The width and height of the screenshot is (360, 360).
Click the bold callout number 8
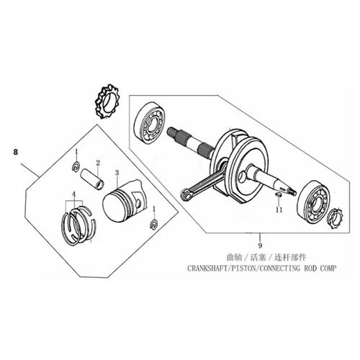[16, 152]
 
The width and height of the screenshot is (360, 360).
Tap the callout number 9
[260, 246]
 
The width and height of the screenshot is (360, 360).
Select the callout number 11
[279, 210]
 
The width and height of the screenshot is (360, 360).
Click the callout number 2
[98, 163]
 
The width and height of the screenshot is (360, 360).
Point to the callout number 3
[117, 173]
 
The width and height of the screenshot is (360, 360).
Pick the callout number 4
[73, 194]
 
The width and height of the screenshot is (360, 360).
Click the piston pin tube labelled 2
[93, 179]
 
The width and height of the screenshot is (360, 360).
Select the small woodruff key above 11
[279, 194]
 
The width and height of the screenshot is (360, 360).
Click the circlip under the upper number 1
[76, 167]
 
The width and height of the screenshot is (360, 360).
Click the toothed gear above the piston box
[108, 102]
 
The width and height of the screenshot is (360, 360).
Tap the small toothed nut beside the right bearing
[336, 219]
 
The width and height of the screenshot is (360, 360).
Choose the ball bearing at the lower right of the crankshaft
[313, 201]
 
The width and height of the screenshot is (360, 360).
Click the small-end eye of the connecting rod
[186, 194]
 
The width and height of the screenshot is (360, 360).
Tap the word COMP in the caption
[328, 268]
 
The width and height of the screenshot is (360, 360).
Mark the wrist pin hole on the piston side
[138, 202]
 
